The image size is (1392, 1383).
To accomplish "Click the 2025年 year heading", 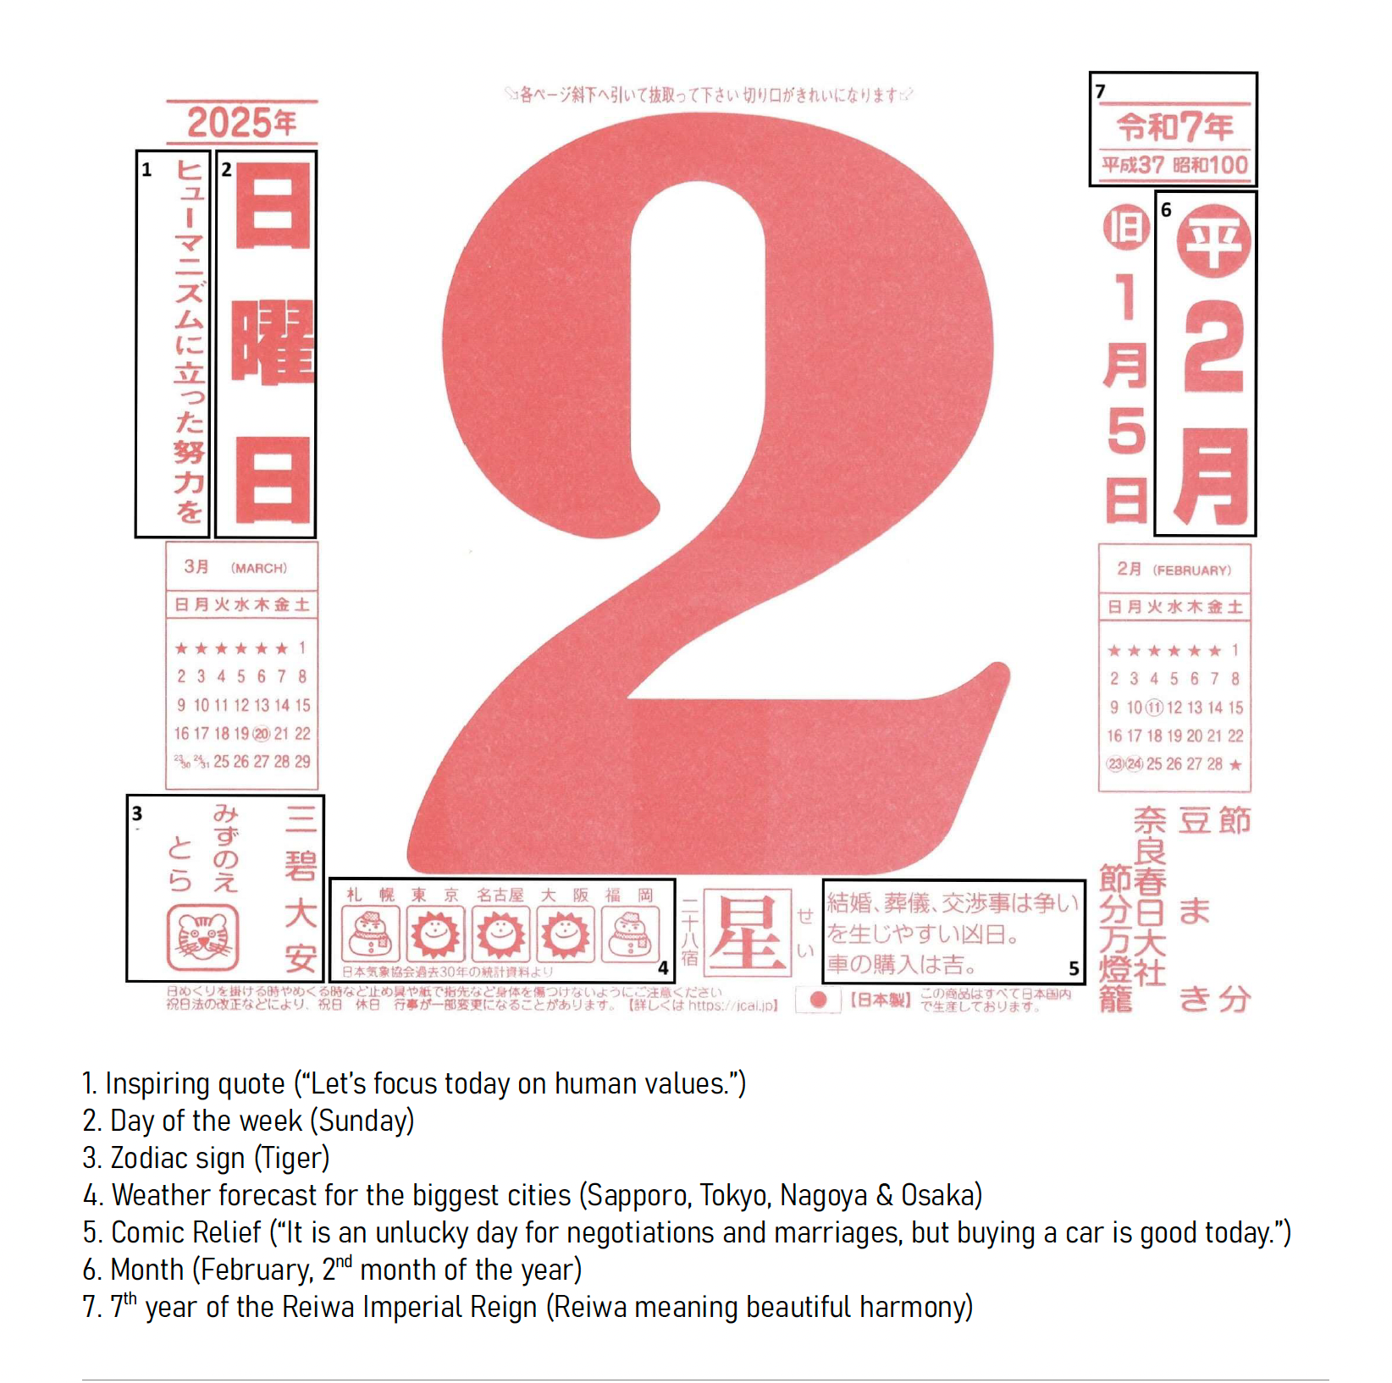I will coord(241,124).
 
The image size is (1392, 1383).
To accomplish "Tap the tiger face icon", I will coord(203,938).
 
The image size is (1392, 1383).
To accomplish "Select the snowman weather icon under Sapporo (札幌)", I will coord(371,934).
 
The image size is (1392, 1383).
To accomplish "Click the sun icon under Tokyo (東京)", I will coord(435,934).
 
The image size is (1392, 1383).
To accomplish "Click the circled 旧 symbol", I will coord(1126,228).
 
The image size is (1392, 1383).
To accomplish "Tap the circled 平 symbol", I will coord(1213,241).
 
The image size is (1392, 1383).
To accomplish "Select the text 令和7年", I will coord(1174,128).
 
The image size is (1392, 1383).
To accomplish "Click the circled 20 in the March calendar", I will coord(262,734).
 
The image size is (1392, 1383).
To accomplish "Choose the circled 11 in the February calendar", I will coord(1154,708).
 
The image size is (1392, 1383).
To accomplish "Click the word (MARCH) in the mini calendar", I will coord(259,568).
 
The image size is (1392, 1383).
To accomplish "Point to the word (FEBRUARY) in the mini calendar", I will coord(1191,570).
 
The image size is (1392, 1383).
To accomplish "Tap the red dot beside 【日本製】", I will coord(818,1000).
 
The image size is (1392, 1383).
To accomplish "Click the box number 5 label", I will coord(1074,968).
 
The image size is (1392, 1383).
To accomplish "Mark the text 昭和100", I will coord(1211,165).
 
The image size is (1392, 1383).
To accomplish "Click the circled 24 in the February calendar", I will coord(1135,764).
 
